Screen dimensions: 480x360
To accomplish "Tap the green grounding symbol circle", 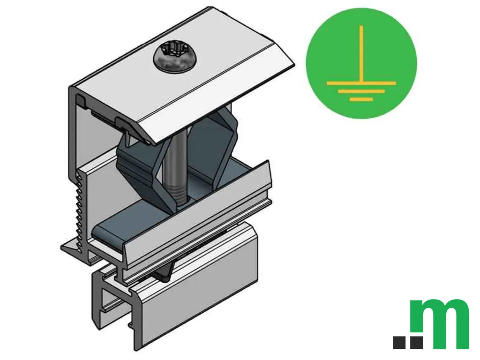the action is [361, 63].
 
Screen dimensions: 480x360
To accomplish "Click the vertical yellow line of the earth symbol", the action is [361, 53].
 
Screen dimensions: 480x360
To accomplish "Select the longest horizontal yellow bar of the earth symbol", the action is [361, 83].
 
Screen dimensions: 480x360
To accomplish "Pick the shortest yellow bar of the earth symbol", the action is [361, 99].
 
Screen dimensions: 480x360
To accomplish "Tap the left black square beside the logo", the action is [399, 343].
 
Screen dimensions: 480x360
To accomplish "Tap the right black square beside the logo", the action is [417, 343].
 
